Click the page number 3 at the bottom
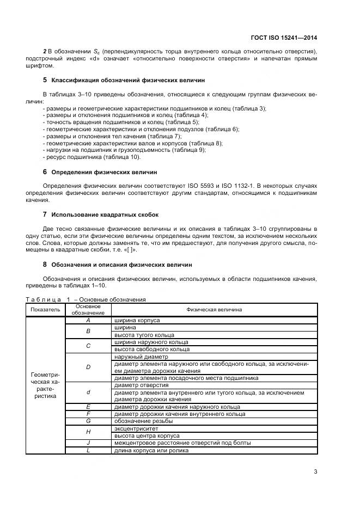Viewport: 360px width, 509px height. pyautogui.click(x=315, y=471)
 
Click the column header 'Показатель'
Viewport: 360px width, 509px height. pyautogui.click(x=45, y=310)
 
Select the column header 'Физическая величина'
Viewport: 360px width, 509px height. pyautogui.click(x=214, y=310)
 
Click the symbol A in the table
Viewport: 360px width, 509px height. pyautogui.click(x=88, y=321)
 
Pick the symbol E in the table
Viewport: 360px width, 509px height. pyautogui.click(x=88, y=407)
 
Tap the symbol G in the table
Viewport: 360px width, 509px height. pyautogui.click(x=88, y=421)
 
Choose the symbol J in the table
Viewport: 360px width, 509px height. pyautogui.click(x=88, y=443)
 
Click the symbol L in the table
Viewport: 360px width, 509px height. pyautogui.click(x=88, y=450)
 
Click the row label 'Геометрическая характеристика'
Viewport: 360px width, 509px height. pyautogui.click(x=45, y=385)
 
